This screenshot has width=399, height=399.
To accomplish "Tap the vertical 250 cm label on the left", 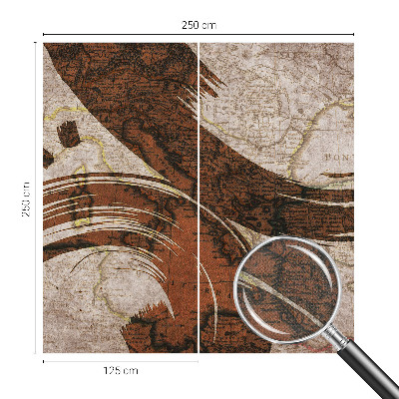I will click(x=27, y=198).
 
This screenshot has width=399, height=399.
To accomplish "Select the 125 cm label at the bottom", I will click(x=121, y=370).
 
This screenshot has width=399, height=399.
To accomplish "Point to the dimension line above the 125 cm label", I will click(x=121, y=360).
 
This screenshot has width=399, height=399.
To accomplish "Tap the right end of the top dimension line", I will click(x=354, y=35).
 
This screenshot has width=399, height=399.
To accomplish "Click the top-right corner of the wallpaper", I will click(x=353, y=43).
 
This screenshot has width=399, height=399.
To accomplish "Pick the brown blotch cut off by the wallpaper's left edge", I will click(x=48, y=157).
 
